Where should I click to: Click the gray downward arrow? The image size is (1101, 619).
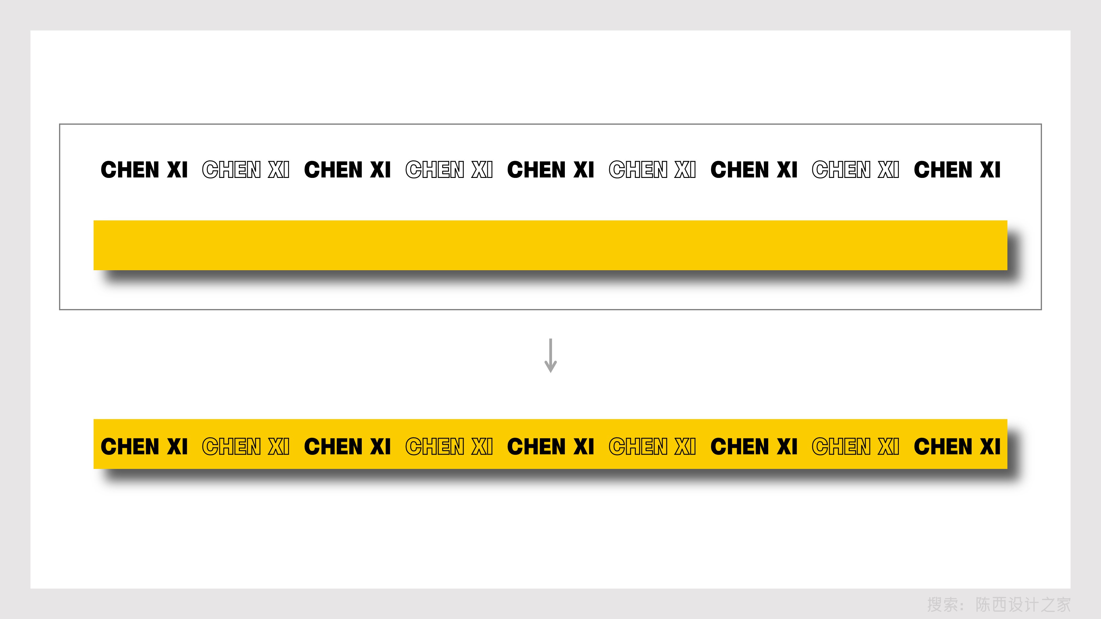click(550, 356)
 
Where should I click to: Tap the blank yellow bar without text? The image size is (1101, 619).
click(550, 245)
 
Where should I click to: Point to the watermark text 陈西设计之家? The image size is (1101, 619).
click(1023, 604)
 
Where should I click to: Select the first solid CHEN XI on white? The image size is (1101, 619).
click(144, 170)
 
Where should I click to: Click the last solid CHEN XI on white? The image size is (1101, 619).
click(957, 170)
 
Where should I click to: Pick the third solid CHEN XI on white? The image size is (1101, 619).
click(550, 170)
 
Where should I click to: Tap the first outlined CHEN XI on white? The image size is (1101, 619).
click(246, 170)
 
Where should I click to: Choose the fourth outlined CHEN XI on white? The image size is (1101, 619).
click(855, 170)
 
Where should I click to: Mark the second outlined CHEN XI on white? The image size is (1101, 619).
click(449, 170)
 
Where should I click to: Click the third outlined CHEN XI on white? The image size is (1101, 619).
click(652, 170)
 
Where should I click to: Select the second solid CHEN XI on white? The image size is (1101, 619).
click(347, 170)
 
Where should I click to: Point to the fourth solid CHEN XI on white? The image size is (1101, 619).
click(754, 170)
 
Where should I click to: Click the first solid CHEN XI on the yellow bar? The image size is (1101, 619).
click(144, 446)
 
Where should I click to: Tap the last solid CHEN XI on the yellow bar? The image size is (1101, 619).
click(957, 446)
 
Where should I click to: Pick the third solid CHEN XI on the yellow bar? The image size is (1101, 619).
click(550, 446)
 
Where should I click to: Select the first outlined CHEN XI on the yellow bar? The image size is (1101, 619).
click(246, 446)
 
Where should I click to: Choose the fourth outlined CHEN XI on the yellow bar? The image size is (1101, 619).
click(855, 446)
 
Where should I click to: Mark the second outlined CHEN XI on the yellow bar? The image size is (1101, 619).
click(449, 446)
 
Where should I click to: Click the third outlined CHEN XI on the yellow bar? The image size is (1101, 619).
click(652, 446)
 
